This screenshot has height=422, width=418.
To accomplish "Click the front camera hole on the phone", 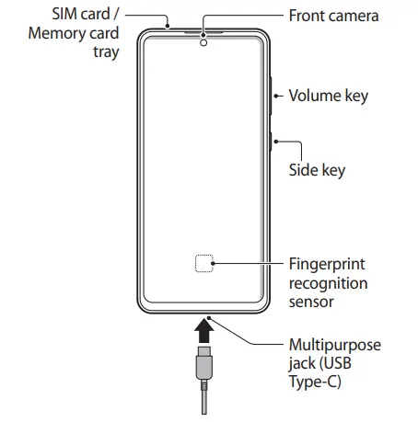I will point(203,41).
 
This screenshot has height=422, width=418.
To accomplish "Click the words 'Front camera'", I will point(333,16).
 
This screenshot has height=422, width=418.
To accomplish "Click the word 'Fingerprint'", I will point(326,264).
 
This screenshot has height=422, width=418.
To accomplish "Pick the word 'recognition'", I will point(329,282).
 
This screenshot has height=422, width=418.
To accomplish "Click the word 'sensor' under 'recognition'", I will point(311,301).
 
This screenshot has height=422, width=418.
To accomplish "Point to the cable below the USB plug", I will point(204,400).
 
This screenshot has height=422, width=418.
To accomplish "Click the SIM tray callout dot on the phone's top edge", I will point(169,25).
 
